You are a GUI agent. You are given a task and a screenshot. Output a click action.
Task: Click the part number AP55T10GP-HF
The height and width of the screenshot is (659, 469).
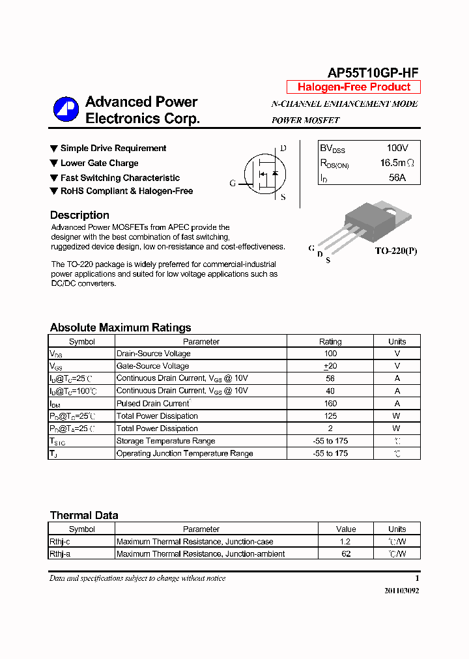coord(373,73)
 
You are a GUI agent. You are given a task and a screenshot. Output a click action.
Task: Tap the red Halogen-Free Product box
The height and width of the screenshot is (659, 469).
coord(354,87)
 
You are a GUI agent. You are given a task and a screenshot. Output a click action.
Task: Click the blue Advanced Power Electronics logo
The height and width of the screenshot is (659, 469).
coord(66,109)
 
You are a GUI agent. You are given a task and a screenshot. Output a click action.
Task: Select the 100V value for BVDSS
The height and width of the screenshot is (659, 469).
coord(397,148)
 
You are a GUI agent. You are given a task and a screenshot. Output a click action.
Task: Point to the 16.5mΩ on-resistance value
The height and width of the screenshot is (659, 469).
coord(397,163)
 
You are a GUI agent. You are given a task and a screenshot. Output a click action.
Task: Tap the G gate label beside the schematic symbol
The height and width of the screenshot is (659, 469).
coord(233,184)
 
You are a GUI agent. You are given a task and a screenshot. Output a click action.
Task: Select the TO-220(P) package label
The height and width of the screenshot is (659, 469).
coord(395,251)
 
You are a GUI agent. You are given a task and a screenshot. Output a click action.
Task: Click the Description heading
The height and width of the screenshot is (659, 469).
coord(79,216)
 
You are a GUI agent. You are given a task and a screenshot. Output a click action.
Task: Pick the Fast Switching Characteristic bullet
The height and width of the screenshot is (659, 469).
coord(120,178)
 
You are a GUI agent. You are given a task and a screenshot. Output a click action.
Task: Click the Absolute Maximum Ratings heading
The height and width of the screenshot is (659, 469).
coord(121,328)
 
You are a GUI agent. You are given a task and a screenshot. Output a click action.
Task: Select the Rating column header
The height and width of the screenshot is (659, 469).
coord(330,341)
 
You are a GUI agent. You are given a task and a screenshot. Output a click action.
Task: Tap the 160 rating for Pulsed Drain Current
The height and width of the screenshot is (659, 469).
coord(330,403)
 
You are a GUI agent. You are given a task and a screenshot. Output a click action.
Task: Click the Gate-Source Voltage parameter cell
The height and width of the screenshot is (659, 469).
coord(153,366)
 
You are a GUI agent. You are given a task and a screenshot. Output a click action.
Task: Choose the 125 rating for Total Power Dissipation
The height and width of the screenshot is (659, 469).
coord(330,415)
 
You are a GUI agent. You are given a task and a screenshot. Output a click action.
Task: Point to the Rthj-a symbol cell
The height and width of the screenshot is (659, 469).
coord(61,554)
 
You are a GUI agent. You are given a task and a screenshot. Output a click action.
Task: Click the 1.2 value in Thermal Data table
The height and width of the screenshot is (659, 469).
coord(345,541)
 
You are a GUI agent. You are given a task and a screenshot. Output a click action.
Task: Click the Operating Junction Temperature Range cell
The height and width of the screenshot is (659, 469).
coord(185,453)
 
